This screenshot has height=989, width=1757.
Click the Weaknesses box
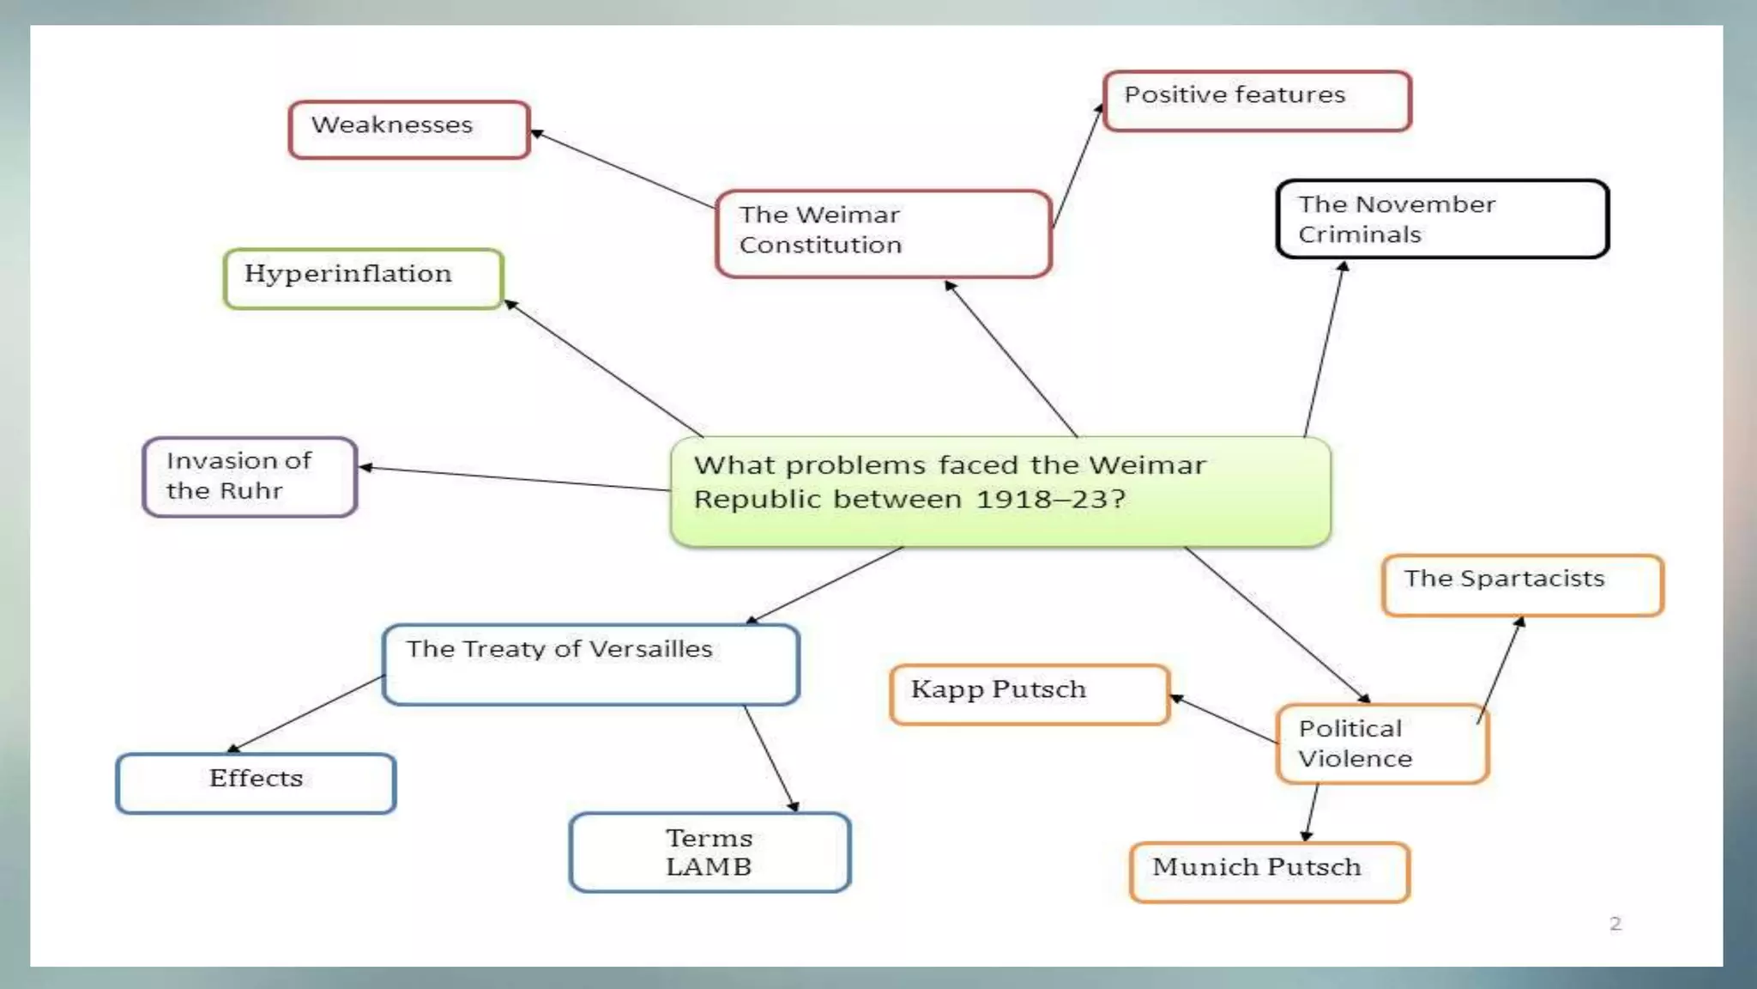click(x=409, y=130)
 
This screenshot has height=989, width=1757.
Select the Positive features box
click(x=1256, y=101)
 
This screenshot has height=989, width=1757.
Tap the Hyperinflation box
click(x=363, y=278)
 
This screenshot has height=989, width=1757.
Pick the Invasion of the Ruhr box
click(x=250, y=476)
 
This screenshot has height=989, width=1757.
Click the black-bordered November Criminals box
click(x=1442, y=219)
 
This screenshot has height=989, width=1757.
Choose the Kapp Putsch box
click(x=1029, y=694)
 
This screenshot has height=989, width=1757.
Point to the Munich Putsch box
click(x=1270, y=871)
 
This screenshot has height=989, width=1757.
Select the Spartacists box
click(x=1523, y=585)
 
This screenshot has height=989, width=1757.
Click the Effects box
click(x=256, y=782)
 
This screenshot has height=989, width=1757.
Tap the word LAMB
click(x=709, y=867)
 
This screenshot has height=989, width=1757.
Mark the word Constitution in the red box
click(x=820, y=246)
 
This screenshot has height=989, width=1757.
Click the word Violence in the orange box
click(x=1355, y=759)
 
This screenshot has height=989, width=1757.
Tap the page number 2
click(x=1615, y=924)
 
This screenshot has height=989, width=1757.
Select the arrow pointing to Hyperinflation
click(x=603, y=368)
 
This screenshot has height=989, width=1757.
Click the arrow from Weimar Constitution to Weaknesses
click(x=623, y=169)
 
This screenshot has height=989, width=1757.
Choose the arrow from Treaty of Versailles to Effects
click(x=306, y=714)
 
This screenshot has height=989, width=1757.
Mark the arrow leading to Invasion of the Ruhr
click(x=515, y=478)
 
